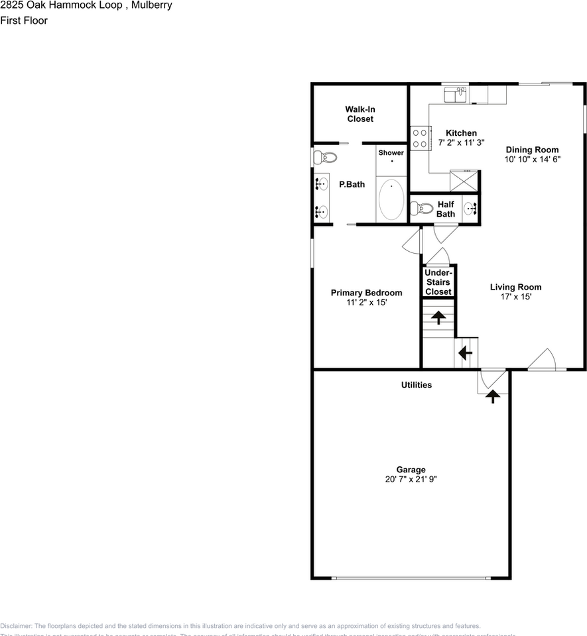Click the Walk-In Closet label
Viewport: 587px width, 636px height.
[x=359, y=114]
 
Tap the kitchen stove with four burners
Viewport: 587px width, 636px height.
[x=419, y=138]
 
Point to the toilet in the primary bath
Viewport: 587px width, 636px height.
[x=325, y=158]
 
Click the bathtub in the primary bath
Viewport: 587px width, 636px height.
[x=391, y=199]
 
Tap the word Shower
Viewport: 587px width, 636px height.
[x=391, y=153]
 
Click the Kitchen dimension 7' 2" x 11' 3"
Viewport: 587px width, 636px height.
[x=461, y=142]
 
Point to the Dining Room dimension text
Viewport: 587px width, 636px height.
[x=533, y=159]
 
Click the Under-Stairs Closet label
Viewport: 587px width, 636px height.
[x=438, y=282]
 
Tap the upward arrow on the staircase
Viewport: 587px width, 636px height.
[x=438, y=317]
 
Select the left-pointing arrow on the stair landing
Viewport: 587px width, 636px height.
[x=465, y=352]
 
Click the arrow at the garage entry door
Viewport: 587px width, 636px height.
[x=493, y=396]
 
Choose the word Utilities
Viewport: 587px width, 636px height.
[x=417, y=385]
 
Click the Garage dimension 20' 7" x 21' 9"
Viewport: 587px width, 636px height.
[x=411, y=480]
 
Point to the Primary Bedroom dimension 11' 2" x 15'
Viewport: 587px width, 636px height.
[x=366, y=303]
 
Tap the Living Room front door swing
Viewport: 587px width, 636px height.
[x=547, y=359]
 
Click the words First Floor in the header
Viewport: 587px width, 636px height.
[x=24, y=21]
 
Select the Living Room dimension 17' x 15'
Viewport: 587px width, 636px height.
[x=516, y=297]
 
